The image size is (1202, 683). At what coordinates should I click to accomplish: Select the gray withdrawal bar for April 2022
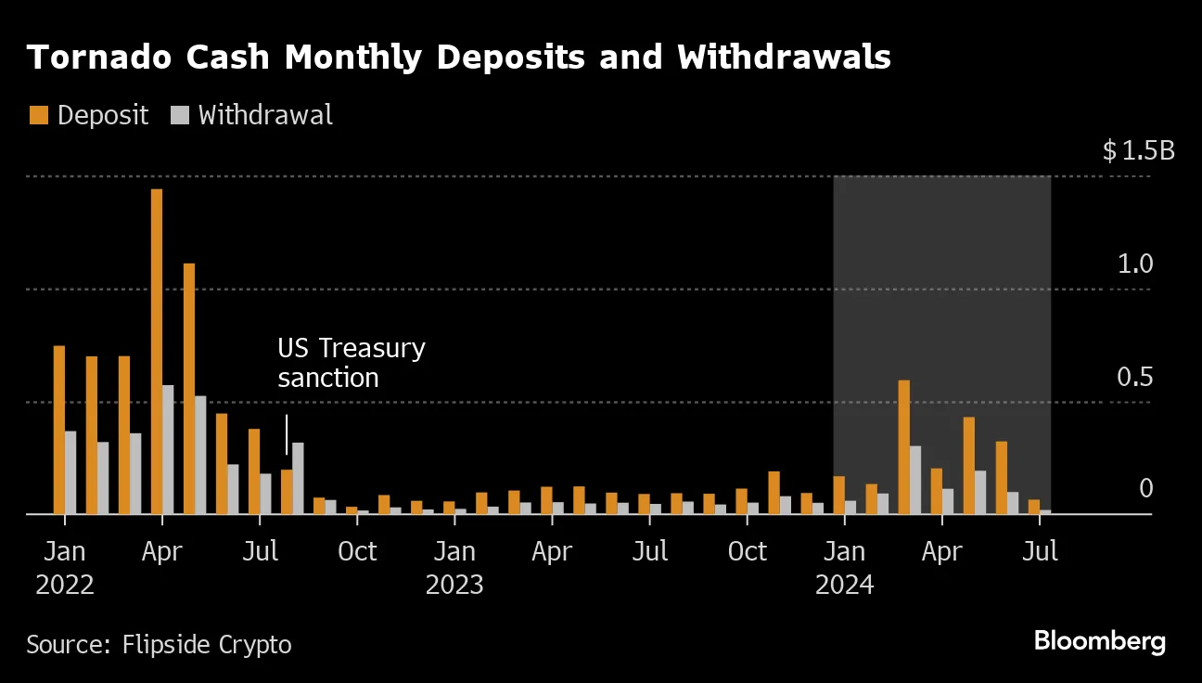[168, 449]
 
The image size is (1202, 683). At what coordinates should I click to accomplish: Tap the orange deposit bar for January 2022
[59, 429]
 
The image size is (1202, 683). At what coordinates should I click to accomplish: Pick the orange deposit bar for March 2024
[903, 446]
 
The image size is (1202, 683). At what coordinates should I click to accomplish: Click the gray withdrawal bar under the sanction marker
[298, 478]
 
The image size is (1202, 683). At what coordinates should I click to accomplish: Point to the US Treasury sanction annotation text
[351, 363]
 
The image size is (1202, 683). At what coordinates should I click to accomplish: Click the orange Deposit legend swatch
[38, 115]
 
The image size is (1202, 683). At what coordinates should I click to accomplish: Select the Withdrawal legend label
[265, 115]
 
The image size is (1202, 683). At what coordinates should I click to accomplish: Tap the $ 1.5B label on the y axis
[1138, 150]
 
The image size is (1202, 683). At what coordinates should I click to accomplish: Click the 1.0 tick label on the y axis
[1135, 264]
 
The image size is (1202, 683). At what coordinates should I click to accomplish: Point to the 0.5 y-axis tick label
[1135, 378]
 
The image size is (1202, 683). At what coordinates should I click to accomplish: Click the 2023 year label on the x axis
[454, 586]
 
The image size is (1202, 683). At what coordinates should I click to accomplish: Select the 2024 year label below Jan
[844, 586]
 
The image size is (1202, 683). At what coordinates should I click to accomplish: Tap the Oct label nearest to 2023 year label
[357, 551]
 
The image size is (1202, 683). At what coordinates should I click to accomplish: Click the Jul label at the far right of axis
[1040, 551]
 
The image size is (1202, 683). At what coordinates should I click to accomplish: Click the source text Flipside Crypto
[207, 644]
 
